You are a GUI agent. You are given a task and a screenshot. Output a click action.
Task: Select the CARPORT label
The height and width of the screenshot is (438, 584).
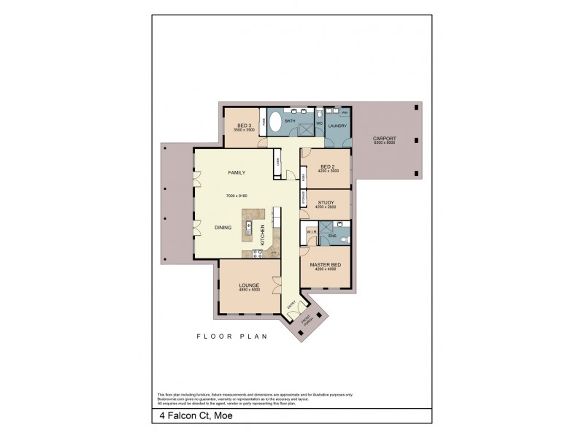[383, 138]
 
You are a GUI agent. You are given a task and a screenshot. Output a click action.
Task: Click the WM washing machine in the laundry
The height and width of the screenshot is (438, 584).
[345, 112]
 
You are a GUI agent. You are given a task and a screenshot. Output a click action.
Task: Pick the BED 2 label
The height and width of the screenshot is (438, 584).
[328, 166]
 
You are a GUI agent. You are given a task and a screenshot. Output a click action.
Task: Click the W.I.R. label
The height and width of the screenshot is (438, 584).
[310, 233]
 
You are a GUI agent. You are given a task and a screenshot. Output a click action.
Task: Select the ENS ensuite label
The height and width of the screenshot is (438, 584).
[331, 237]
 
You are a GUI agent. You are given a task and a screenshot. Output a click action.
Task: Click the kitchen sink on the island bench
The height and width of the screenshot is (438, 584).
[248, 226]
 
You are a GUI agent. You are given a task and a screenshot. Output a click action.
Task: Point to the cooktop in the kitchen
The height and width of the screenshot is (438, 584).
[257, 253]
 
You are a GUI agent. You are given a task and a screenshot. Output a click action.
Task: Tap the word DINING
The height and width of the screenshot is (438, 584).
[223, 228]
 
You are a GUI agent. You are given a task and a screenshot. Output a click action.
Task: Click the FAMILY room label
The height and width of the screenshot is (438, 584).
[237, 172]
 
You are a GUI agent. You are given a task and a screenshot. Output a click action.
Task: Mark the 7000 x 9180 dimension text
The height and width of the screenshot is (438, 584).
[238, 196]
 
